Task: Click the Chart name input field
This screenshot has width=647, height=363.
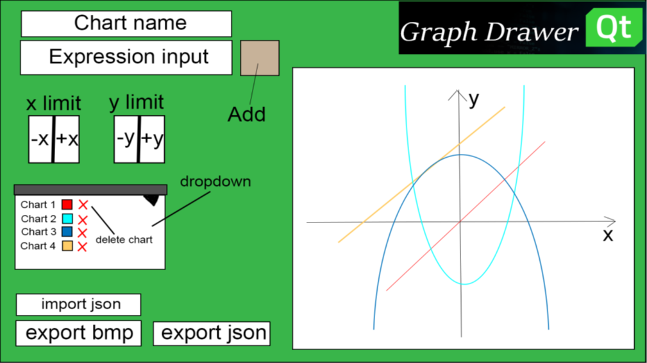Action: point(126,24)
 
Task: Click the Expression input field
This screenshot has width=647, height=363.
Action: point(126,57)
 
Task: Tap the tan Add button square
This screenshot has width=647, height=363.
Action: point(260,58)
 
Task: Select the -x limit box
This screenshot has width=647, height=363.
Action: point(40,139)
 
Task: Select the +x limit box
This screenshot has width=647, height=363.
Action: point(67,139)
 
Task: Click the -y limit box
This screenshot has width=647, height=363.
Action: point(126,139)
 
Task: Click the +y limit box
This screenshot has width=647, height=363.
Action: point(153,139)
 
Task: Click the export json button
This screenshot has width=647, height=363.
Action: point(212,333)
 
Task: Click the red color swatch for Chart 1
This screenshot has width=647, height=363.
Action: point(67,205)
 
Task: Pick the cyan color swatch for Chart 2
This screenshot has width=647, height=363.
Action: point(67,219)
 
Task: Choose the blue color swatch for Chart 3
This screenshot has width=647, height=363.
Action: point(67,232)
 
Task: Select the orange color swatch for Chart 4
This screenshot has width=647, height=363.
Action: point(67,246)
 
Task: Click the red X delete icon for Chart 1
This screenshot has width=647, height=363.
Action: point(83,205)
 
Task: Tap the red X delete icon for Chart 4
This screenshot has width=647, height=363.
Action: point(82,246)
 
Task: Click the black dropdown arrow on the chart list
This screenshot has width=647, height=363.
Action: point(151,199)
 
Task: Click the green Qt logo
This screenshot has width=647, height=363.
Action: point(614,28)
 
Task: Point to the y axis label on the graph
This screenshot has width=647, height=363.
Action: point(473,99)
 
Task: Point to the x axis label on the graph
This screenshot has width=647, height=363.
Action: point(607,235)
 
